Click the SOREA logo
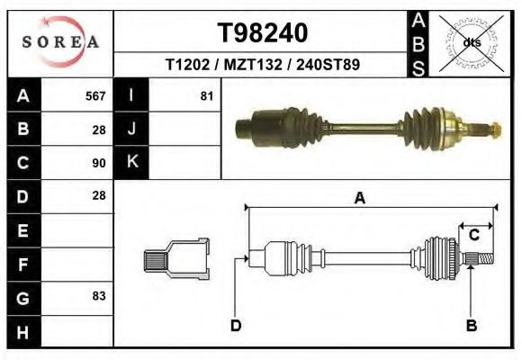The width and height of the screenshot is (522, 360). (x=60, y=42)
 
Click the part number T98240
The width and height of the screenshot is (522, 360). (x=263, y=33)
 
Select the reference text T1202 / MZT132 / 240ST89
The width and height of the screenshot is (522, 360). (x=263, y=66)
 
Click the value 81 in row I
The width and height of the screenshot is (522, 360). (x=206, y=96)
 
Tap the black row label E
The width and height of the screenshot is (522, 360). (x=23, y=229)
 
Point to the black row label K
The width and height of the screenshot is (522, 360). (x=131, y=163)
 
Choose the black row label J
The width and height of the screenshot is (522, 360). (x=131, y=130)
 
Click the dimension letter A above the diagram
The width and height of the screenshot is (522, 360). (x=360, y=199)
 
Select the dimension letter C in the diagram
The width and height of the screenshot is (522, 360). (x=473, y=235)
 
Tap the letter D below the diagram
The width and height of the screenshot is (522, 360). (x=236, y=325)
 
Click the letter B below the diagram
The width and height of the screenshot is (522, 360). (x=471, y=325)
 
